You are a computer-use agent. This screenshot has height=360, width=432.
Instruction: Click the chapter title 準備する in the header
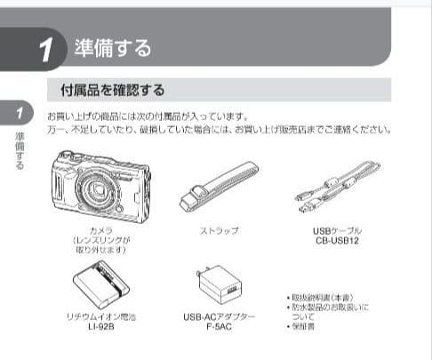[x=114, y=47]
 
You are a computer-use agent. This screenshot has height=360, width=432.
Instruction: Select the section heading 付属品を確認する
[x=112, y=91]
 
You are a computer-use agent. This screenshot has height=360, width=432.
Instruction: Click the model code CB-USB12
[x=331, y=239]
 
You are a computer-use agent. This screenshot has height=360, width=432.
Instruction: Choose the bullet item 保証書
[x=310, y=326]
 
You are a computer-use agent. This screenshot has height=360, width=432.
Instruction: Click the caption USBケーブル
[x=332, y=230]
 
